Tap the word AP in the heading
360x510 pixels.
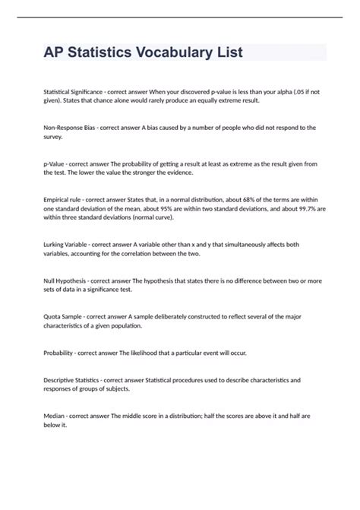(x=55, y=52)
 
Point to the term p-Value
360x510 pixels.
(x=58, y=164)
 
